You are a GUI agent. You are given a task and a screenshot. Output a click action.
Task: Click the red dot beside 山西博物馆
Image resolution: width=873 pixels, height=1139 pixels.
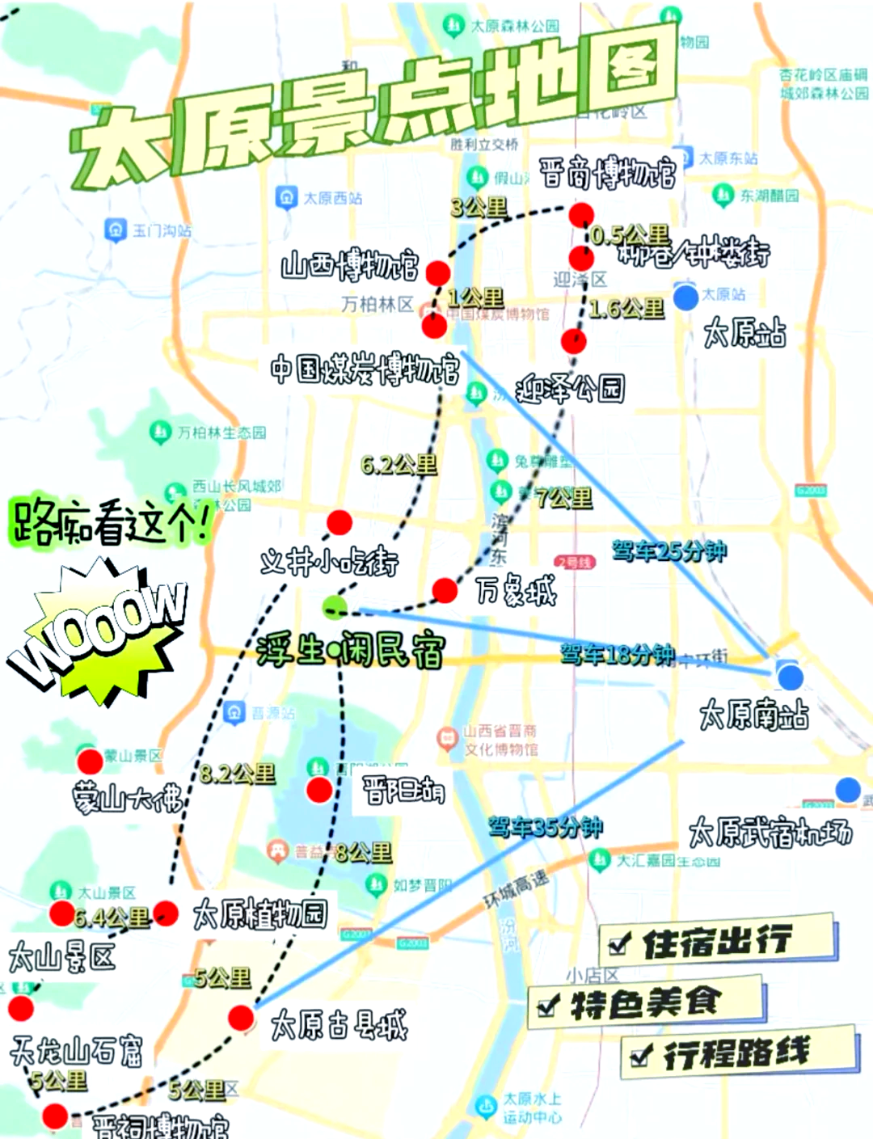438,272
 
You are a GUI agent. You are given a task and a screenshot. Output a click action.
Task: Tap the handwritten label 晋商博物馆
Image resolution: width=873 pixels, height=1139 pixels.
607,174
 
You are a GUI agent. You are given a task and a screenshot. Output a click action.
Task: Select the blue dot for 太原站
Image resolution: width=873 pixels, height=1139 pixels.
685,297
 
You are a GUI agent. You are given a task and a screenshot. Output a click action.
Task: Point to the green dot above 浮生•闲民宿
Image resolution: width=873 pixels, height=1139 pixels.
335,606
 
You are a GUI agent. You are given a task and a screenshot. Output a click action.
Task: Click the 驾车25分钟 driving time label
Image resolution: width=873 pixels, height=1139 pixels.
669,551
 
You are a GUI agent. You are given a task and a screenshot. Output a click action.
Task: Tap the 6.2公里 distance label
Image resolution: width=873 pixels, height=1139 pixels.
399,465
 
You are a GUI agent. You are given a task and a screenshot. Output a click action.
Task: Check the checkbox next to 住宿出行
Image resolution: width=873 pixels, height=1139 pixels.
620,943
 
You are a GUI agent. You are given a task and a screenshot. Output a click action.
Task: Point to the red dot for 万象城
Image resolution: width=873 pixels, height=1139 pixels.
445,590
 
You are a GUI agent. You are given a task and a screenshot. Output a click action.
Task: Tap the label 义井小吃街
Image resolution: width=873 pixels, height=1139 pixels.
330,561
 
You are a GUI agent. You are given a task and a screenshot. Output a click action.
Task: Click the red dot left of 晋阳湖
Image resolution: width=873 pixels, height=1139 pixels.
319,790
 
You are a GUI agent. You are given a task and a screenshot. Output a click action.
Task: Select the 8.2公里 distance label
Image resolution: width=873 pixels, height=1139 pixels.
238,774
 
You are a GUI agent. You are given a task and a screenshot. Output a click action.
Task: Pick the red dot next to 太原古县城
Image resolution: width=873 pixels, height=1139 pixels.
241,1018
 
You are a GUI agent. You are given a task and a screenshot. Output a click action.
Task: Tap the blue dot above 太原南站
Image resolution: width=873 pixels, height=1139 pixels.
790,677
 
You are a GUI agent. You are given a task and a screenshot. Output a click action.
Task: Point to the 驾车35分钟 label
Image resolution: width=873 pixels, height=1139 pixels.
546,827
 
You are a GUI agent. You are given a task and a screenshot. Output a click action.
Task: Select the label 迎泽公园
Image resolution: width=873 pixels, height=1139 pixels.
570,390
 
